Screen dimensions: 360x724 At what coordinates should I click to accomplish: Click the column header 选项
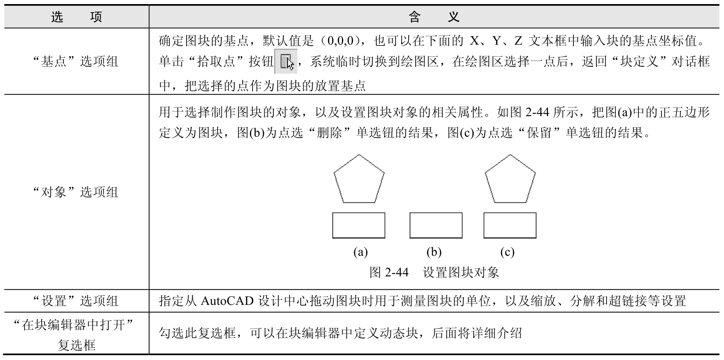click(76, 17)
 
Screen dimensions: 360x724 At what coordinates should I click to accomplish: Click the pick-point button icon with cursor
click(286, 62)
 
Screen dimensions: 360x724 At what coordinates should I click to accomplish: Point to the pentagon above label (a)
click(359, 180)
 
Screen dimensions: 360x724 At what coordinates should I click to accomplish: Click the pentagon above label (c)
click(510, 180)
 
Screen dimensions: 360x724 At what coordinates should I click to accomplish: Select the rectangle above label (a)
click(358, 225)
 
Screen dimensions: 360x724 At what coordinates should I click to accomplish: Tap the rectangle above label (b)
click(436, 225)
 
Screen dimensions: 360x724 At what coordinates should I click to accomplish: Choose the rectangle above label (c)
click(510, 225)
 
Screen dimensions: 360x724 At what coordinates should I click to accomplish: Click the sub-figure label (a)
click(360, 252)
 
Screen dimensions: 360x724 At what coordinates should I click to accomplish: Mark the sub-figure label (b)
click(434, 252)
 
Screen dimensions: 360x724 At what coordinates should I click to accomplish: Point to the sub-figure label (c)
click(507, 252)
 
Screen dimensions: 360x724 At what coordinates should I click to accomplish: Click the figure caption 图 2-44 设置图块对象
click(434, 272)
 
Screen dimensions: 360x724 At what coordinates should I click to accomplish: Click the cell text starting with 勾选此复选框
click(340, 333)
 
